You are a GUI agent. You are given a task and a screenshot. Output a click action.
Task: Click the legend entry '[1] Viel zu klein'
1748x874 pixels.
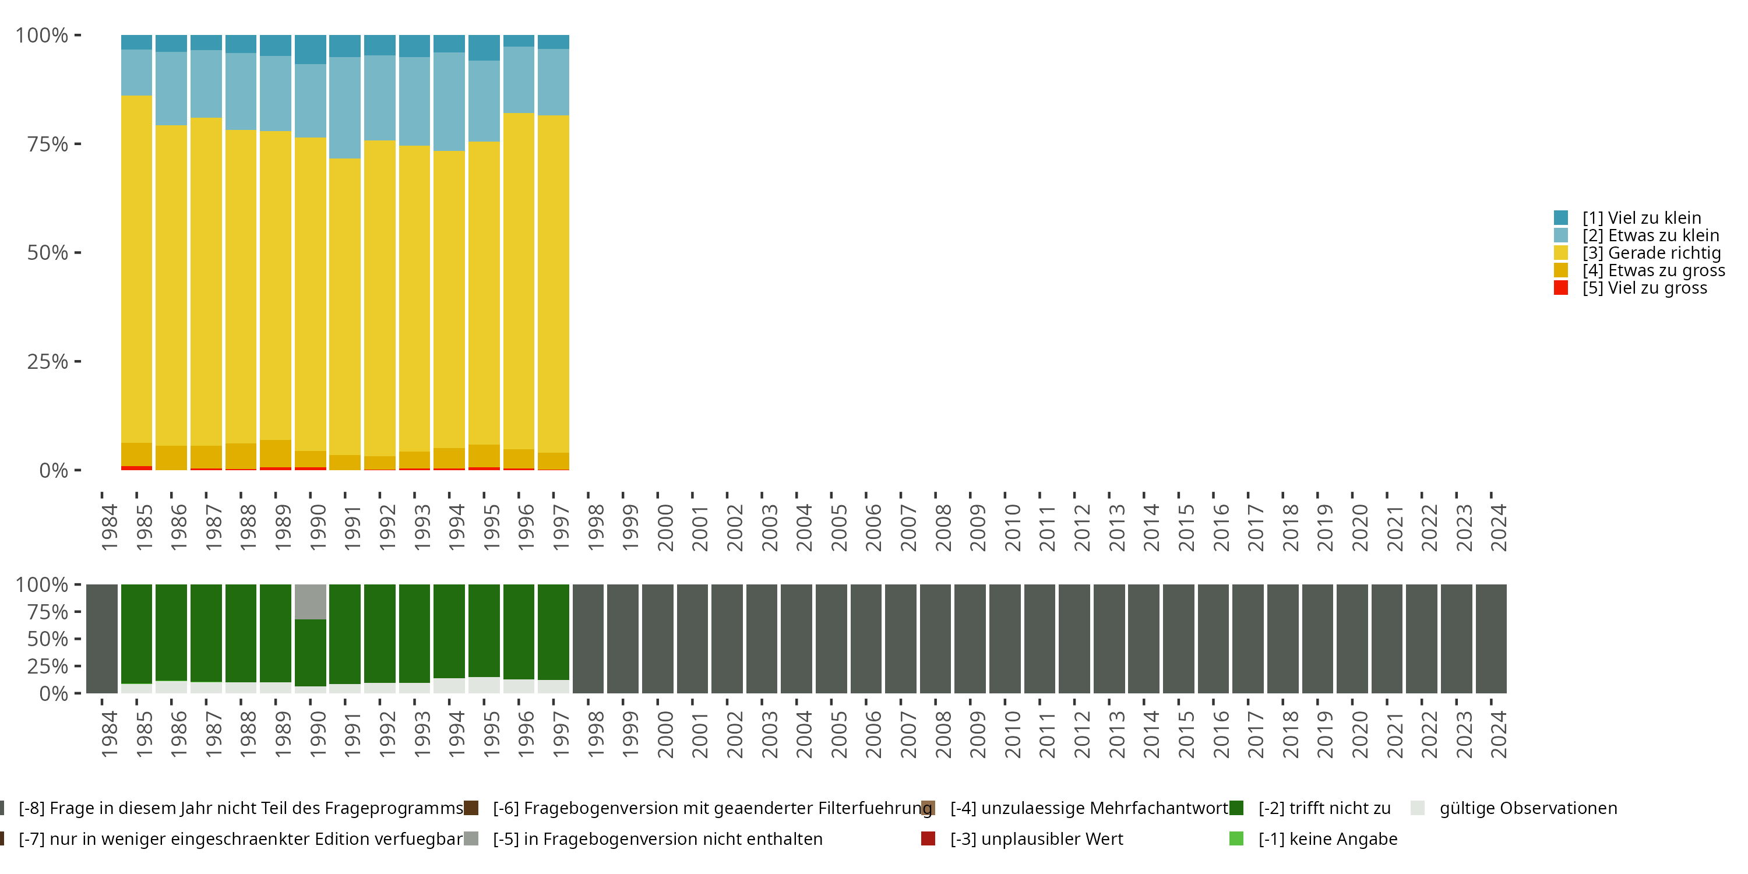pyautogui.click(x=1641, y=218)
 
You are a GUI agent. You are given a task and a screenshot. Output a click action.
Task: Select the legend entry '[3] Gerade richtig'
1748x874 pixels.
pyautogui.click(x=1651, y=253)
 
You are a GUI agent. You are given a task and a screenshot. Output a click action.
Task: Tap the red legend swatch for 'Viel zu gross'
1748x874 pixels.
pyautogui.click(x=1561, y=288)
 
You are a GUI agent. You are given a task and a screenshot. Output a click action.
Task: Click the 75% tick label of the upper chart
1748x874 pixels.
pyautogui.click(x=48, y=144)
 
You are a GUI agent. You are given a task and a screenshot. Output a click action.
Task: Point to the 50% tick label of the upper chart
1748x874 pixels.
pyautogui.click(x=48, y=252)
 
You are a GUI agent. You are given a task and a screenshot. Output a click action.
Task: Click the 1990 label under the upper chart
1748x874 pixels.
pyautogui.click(x=318, y=527)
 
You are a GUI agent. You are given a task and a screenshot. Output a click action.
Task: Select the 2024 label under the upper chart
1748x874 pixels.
pyautogui.click(x=1498, y=527)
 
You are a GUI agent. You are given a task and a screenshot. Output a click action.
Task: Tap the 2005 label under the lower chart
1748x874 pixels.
pyautogui.click(x=838, y=734)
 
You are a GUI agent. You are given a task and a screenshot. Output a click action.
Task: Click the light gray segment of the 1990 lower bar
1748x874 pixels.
pyautogui.click(x=310, y=601)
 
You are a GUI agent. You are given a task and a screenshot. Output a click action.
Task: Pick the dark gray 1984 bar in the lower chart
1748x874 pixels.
pyautogui.click(x=102, y=639)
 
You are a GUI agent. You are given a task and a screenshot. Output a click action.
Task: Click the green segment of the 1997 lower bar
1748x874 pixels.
pyautogui.click(x=553, y=632)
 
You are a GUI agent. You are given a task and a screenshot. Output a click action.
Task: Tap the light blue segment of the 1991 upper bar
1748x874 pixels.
pyautogui.click(x=345, y=108)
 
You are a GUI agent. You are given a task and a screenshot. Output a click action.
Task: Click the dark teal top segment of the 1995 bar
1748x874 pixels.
pyautogui.click(x=484, y=48)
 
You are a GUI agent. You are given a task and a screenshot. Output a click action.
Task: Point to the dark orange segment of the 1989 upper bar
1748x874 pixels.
pyautogui.click(x=276, y=453)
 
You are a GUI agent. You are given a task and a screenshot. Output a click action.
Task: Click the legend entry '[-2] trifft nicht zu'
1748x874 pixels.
pyautogui.click(x=1324, y=808)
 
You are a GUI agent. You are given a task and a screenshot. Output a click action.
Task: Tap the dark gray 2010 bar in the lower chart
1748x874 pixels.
pyautogui.click(x=1005, y=639)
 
